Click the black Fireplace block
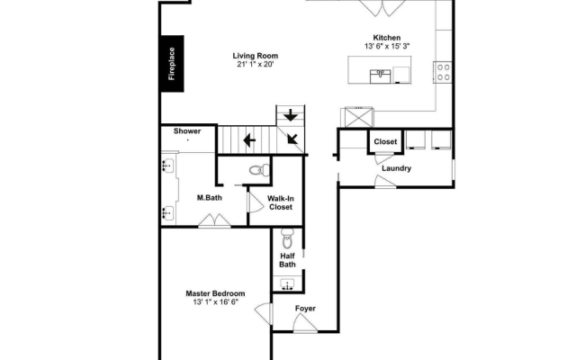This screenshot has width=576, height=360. click(172, 64)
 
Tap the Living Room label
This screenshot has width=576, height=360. click(256, 56)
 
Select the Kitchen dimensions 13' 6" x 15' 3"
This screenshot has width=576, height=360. click(387, 46)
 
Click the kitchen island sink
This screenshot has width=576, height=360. click(380, 76)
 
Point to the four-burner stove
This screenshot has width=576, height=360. click(444, 72)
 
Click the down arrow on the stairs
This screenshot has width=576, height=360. click(291, 115)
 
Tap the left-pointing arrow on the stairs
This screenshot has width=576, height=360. click(249, 140)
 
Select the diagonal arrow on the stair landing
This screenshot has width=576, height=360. click(292, 138)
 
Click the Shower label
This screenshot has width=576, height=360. click(187, 131)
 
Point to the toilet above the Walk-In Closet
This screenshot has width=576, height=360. click(259, 170)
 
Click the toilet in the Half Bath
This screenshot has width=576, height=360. click(287, 238)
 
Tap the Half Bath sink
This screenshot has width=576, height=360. click(287, 284)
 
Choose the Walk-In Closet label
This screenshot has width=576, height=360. click(281, 202)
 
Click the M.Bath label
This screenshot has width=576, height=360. click(210, 198)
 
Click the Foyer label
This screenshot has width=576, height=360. click(305, 309)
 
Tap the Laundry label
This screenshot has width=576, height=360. click(396, 168)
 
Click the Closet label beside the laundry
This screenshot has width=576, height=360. click(385, 142)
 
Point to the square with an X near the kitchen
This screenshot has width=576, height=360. click(358, 118)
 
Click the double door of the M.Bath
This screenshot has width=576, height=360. click(214, 220)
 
